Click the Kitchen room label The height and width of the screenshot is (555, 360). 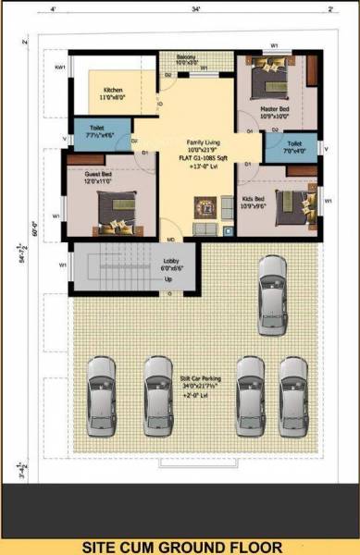(113, 90)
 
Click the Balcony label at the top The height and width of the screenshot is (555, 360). (187, 57)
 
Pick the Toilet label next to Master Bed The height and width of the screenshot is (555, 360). (293, 144)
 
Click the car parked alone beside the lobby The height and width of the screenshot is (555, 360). (272, 285)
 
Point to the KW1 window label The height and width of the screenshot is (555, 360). (59, 68)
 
